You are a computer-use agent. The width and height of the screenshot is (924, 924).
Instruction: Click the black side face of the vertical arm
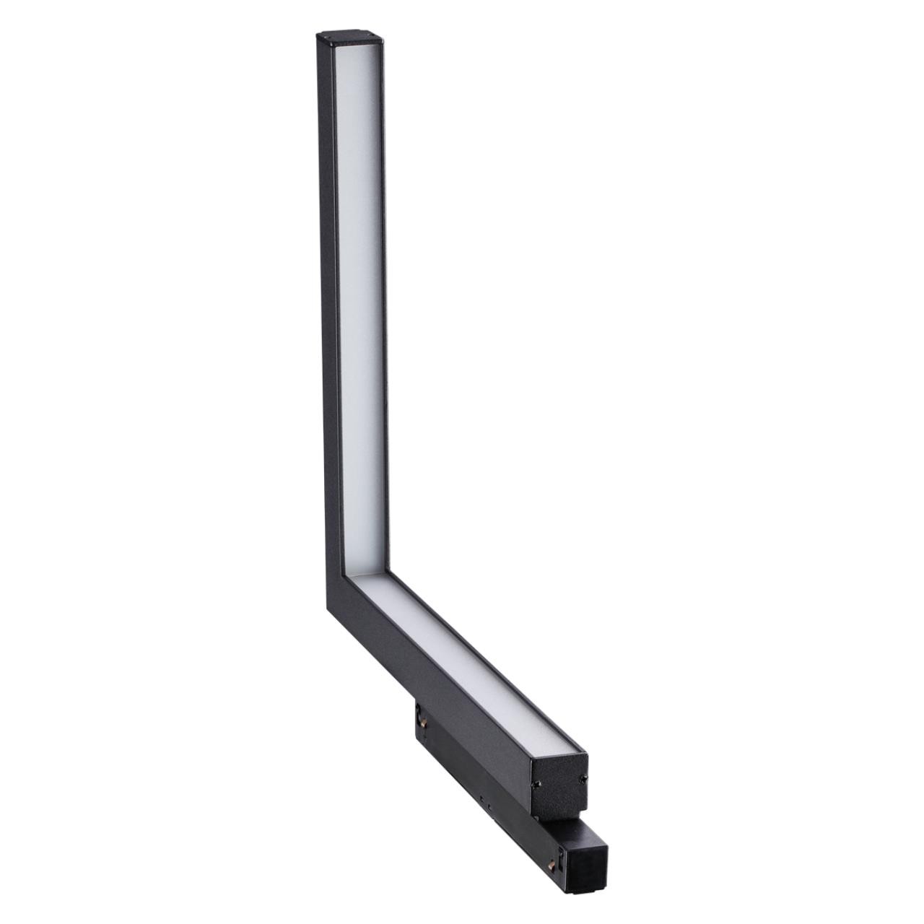click(324, 289)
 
